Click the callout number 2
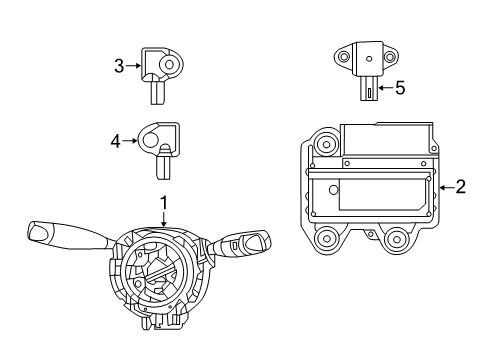point(461,185)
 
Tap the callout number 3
point(119,67)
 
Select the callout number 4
point(115,142)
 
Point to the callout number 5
point(400,88)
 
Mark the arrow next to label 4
point(130,142)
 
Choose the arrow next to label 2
point(444,185)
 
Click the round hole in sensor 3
point(166,66)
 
